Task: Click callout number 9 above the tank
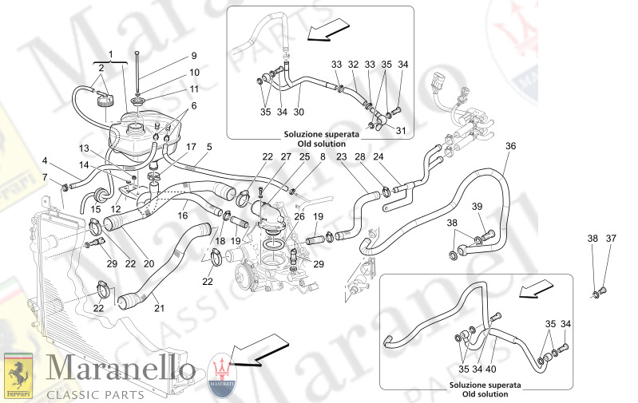pos(193,56)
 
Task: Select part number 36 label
pos(510,146)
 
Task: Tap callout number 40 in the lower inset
pos(491,369)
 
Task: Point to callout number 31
pos(401,131)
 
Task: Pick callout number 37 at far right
pos(612,238)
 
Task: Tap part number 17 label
pos(192,147)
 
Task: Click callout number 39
pos(478,207)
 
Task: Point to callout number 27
pos(286,157)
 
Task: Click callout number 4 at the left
pos(46,160)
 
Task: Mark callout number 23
pos(341,157)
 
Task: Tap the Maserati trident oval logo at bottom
pos(222,375)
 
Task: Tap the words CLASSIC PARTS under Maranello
pos(95,394)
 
